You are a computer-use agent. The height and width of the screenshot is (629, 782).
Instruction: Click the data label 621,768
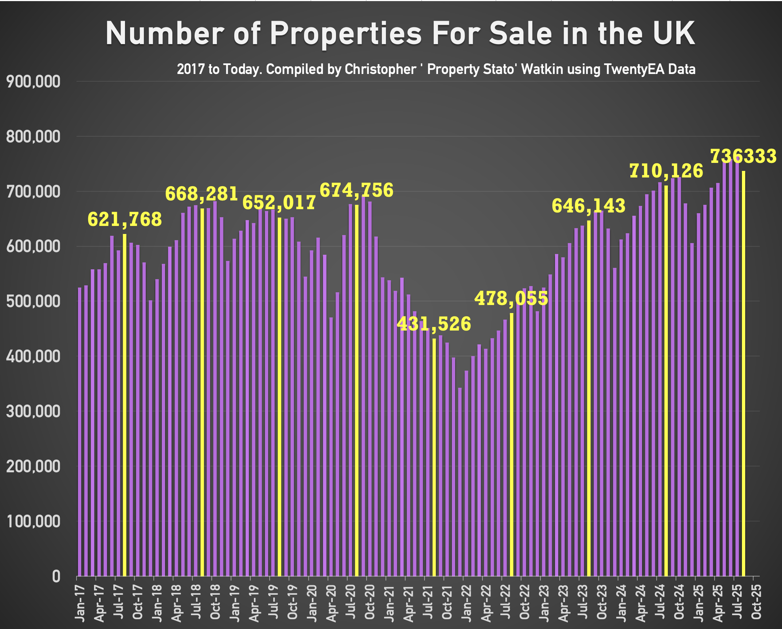point(125,219)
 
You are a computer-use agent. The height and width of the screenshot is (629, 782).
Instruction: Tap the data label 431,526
point(434,324)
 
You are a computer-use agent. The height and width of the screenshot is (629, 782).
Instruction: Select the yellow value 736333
point(743,156)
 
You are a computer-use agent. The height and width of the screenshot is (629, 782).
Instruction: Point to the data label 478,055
point(511,298)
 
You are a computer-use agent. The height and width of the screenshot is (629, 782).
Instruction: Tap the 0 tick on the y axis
point(56,577)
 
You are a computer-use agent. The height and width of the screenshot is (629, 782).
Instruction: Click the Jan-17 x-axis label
point(80,603)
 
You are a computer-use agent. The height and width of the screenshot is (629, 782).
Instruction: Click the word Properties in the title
point(345,34)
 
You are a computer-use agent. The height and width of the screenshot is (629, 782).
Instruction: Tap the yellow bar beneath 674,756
point(357,390)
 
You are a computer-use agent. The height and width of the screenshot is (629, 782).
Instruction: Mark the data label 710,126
point(666,171)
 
